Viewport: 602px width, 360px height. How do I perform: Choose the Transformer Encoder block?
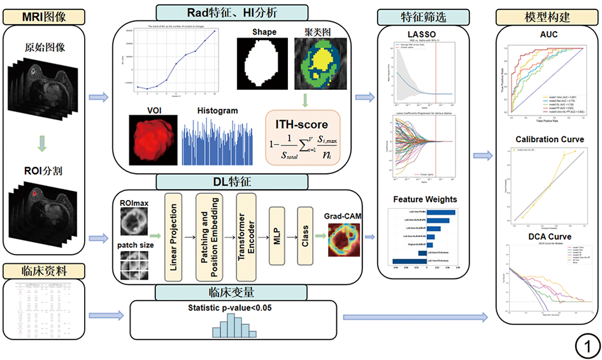[245, 236]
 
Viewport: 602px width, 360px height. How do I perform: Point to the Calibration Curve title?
[548, 139]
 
